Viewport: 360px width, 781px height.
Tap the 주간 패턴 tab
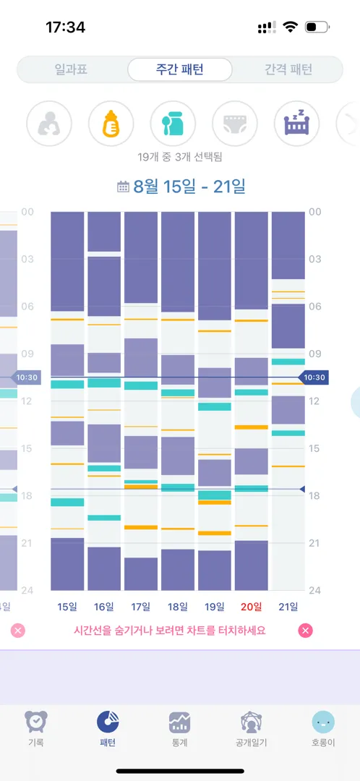point(180,69)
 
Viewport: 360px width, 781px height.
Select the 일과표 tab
point(71,69)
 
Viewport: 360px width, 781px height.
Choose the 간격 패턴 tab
point(288,69)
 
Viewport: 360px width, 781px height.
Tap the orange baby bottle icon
point(111,124)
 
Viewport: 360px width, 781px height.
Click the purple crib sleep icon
point(297,124)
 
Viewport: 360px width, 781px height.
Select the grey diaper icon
point(235,124)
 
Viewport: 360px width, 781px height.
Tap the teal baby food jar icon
point(173,124)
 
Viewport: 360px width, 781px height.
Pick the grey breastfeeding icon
point(49,124)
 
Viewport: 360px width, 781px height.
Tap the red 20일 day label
point(251,606)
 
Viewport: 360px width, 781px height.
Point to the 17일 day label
point(140,606)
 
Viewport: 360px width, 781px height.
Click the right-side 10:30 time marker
point(314,377)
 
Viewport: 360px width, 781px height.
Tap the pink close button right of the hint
point(306,631)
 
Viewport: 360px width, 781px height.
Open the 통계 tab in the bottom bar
point(179,729)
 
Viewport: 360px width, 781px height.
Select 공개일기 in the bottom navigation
point(252,729)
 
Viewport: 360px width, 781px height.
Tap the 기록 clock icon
point(36,722)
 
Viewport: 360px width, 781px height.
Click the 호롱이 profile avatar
point(323,722)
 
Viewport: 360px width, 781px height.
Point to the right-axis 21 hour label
point(314,543)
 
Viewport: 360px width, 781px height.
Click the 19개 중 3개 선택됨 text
point(180,158)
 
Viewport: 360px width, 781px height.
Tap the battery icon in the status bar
point(317,27)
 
